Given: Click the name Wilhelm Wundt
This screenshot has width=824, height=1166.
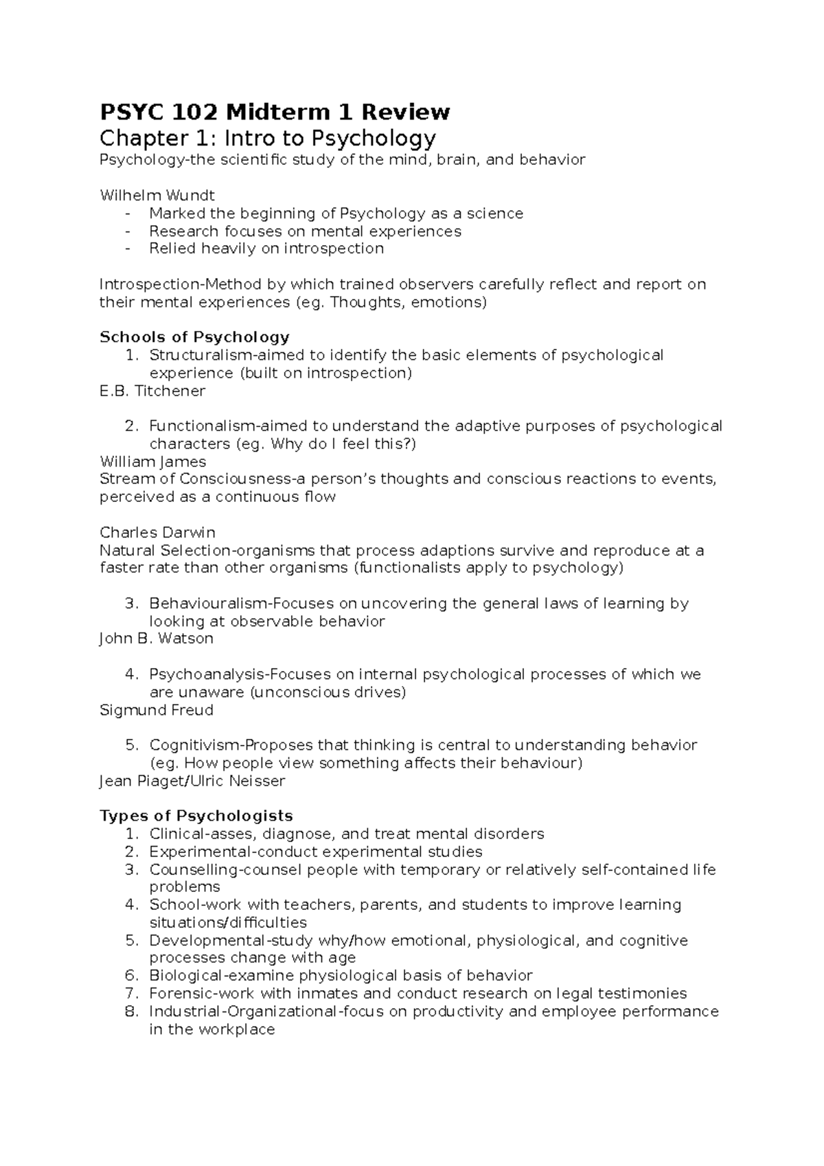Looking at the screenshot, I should click(x=157, y=195).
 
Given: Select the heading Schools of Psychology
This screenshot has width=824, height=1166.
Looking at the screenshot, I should click(x=194, y=337).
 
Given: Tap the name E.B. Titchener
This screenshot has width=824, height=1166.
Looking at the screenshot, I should click(x=152, y=391).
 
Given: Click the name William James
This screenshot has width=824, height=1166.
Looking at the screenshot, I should click(x=152, y=461).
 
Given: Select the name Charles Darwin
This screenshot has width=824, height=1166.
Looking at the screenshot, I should click(x=157, y=532).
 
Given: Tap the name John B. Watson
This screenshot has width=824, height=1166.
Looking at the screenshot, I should click(x=157, y=639).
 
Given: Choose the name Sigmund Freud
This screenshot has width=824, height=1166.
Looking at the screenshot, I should click(x=157, y=710).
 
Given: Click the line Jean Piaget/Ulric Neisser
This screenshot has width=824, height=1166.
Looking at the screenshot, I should click(x=192, y=781).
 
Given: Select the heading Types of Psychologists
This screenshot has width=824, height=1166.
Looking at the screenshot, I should click(x=196, y=816).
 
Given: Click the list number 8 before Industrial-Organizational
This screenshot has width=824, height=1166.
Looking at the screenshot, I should click(x=133, y=1011).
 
